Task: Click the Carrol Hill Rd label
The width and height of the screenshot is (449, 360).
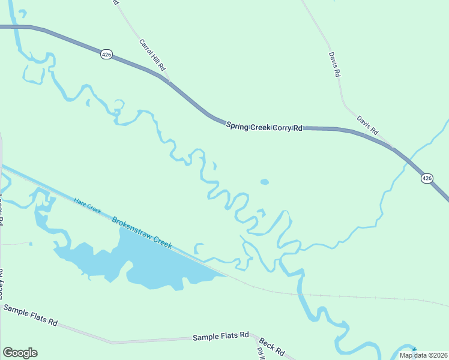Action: point(152,56)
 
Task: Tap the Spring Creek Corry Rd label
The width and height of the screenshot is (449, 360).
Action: point(264,127)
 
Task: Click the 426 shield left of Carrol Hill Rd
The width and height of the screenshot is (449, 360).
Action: point(106,55)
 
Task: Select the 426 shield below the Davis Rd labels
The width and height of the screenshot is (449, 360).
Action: point(426,178)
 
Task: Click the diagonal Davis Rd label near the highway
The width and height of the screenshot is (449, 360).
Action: point(367,124)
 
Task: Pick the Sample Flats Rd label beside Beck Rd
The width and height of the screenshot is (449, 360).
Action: point(220,337)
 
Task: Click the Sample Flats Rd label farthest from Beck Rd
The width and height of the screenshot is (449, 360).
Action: point(30,315)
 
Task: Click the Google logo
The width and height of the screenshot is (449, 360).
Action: point(20,353)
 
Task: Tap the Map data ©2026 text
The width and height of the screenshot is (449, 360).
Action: point(423,355)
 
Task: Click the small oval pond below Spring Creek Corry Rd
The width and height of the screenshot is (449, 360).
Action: point(264,181)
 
